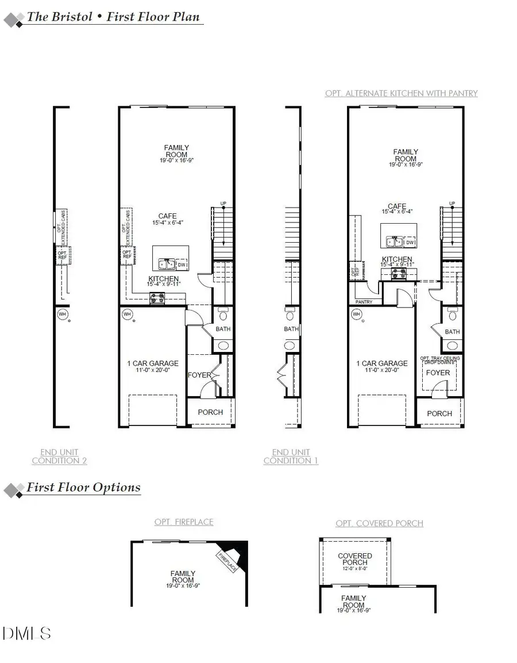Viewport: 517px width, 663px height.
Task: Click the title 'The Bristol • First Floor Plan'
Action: [x=113, y=17]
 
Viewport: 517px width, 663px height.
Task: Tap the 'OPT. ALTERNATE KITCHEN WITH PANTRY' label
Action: [x=401, y=93]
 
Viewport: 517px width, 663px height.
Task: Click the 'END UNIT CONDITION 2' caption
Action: [x=59, y=457]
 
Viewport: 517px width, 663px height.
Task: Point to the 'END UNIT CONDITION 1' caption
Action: [x=291, y=457]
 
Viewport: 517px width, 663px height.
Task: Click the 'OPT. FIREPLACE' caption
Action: [x=184, y=522]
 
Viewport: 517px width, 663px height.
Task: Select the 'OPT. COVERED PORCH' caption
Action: [x=379, y=523]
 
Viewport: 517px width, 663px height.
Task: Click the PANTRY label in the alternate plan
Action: [x=364, y=302]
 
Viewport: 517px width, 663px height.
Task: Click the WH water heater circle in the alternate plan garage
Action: [x=357, y=314]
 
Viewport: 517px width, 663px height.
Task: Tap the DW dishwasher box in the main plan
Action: [x=182, y=265]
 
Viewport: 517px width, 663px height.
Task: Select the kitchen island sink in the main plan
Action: [x=167, y=264]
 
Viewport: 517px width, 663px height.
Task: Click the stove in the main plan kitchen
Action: [x=157, y=297]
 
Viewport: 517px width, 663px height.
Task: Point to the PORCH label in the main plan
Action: [x=210, y=412]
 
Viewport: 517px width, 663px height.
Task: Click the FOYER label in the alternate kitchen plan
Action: [x=438, y=373]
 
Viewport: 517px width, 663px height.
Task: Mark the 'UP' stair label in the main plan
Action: [x=223, y=204]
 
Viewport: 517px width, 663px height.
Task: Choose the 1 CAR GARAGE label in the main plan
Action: [x=152, y=363]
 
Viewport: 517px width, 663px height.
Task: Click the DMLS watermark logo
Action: [x=27, y=633]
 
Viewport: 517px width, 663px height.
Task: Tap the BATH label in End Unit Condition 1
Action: [x=291, y=329]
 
